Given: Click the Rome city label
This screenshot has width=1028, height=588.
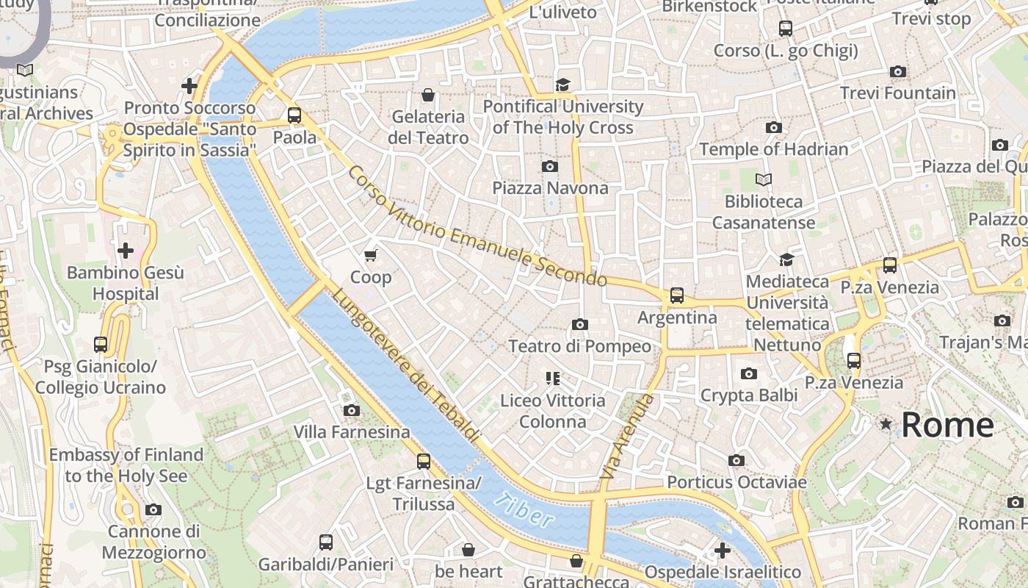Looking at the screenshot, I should pos(947,425).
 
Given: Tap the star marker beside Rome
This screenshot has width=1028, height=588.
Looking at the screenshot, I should pos(886,424).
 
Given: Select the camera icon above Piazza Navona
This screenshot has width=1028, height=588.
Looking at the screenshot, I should pos(549,166).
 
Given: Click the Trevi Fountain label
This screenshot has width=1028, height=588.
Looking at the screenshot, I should pos(897,93).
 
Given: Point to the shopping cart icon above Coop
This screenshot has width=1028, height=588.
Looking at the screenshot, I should pos(370,255).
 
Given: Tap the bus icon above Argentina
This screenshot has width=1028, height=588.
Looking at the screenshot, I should pos(676,295).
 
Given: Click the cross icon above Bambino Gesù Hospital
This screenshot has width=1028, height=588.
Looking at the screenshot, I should pos(126,251).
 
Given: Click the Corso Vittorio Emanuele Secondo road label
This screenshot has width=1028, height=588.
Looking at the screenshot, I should pos(477,226).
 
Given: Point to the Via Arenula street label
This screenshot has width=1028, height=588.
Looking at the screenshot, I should pos(626,437).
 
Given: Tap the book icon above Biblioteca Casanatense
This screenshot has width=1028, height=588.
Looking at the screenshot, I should pos(764,179).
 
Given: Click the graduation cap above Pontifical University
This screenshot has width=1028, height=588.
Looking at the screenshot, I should pos(562,85).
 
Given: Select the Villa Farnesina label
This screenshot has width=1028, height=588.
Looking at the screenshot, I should pos(352,432).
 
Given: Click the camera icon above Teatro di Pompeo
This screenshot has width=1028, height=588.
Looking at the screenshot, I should pos(579,324).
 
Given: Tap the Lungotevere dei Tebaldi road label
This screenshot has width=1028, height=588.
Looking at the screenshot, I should pos(406,365).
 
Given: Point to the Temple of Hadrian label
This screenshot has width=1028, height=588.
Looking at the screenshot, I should pos(773,149).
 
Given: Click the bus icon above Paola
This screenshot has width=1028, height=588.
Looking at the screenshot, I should pos(294,115).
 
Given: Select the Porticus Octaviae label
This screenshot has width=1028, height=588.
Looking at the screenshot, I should pos(736,482).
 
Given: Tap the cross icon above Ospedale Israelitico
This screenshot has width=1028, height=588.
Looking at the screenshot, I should pos(723,550).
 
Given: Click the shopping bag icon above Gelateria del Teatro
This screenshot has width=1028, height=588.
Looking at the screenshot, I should pos(427,95).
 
